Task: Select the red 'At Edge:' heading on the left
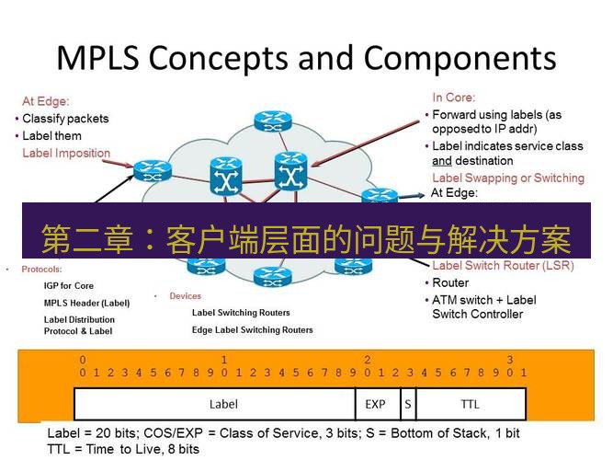click(46, 102)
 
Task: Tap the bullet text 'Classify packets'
click(65, 119)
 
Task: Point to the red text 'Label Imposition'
click(66, 153)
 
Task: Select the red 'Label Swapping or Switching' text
click(507, 178)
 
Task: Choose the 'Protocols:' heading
click(40, 270)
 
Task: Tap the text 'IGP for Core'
click(69, 286)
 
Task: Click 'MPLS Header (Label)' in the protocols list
click(87, 303)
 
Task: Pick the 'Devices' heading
click(185, 296)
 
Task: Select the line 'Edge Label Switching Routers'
click(252, 329)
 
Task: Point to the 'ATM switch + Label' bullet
click(484, 300)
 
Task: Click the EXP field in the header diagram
click(375, 404)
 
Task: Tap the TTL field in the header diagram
click(470, 404)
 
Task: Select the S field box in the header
click(406, 404)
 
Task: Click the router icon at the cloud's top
click(273, 120)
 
